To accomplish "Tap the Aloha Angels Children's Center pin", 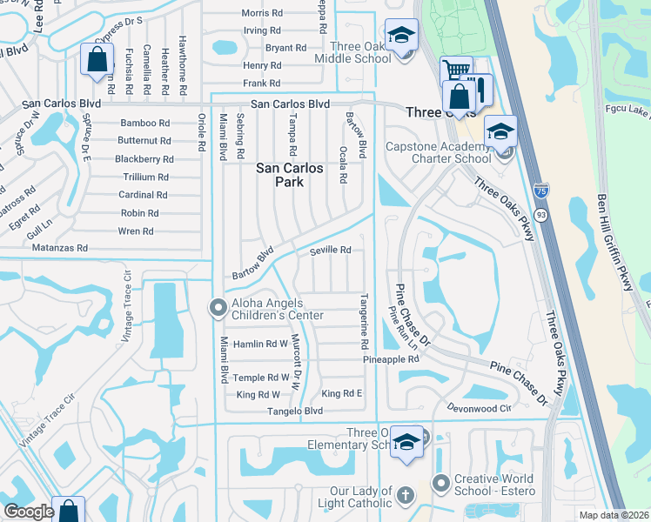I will coord(217,307).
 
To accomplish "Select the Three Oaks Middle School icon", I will coord(401,37).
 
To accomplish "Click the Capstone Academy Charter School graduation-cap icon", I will coord(500,132).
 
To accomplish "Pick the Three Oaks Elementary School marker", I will coord(406,443).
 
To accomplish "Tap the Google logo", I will coord(29,512).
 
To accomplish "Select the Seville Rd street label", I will coord(331,251).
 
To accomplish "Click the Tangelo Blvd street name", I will coord(296,412).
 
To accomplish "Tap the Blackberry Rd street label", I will coord(144,159).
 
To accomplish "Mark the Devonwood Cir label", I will coord(479,407).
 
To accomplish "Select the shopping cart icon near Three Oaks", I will coord(456,70).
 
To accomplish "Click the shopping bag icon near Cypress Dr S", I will coord(97,60).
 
